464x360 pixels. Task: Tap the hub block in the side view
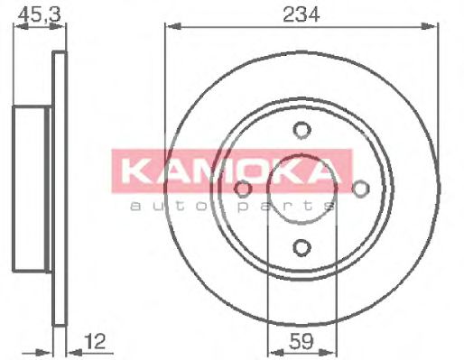click(x=31, y=189)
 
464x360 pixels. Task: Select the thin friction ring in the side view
click(x=60, y=189)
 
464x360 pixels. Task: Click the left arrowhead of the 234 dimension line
click(x=169, y=26)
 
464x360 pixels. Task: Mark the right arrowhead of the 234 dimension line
click(x=437, y=26)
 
